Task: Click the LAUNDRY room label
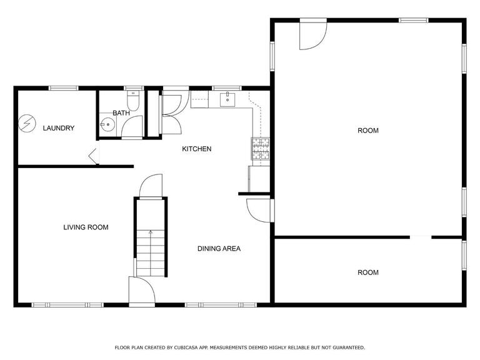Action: coord(59,128)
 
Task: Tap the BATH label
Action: coord(121,113)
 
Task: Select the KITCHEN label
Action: coord(196,149)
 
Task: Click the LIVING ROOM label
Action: coord(86,227)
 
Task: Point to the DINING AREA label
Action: coord(219,249)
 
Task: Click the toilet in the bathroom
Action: coord(133,100)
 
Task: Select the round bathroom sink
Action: coord(107,124)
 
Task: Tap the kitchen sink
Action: coord(227,99)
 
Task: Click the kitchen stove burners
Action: coord(261,149)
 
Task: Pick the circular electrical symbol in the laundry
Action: coord(27,123)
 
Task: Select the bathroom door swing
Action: coord(132,127)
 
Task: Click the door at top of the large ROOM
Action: coord(313,34)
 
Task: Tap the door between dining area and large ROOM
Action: coord(259,210)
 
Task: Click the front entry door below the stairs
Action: coord(142,292)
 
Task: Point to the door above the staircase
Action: coord(151,186)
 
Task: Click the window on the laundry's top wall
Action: coord(64,88)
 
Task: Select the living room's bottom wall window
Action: coord(67,305)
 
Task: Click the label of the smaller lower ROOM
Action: coord(368,272)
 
